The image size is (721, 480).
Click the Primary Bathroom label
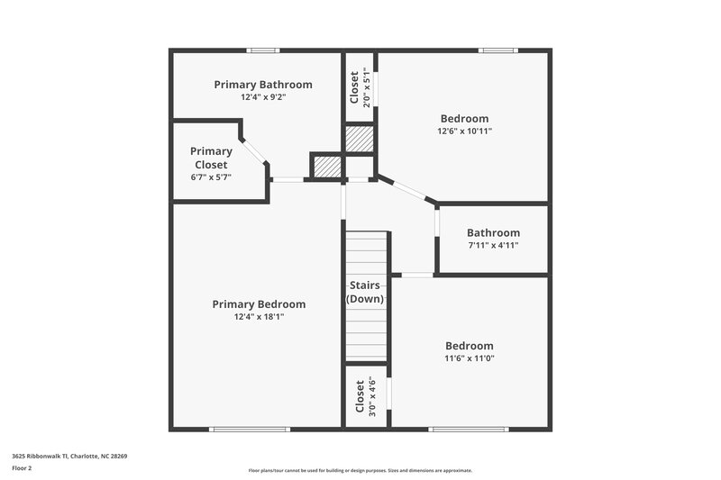[263, 85]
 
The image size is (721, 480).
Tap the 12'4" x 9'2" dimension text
[263, 97]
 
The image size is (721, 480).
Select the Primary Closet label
[211, 158]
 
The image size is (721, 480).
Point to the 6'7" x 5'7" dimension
[211, 177]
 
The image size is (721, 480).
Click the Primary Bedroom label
[259, 304]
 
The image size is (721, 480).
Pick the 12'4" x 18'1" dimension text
[259, 317]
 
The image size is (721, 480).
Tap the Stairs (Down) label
[366, 292]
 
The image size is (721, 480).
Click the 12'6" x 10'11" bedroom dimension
[464, 131]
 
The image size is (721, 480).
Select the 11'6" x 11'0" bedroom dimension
[469, 358]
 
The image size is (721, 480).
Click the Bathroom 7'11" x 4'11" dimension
[493, 245]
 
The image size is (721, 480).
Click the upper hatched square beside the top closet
[360, 140]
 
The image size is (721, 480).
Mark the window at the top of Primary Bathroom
[263, 50]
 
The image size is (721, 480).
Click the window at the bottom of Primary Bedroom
[236, 429]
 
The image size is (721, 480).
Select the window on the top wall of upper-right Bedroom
[495, 50]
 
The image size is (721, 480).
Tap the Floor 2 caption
[23, 468]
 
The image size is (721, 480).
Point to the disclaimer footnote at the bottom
[360, 470]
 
